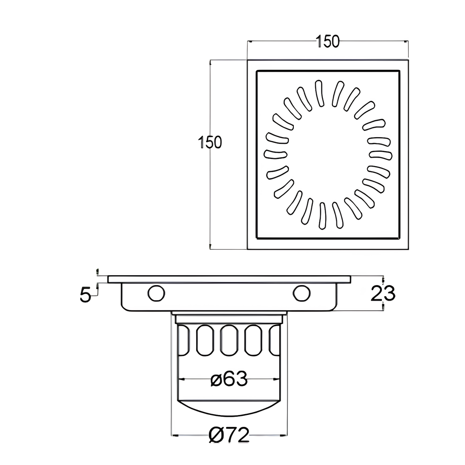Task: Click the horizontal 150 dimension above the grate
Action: click(x=327, y=41)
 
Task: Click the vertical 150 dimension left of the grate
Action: click(x=210, y=142)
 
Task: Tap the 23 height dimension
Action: click(x=383, y=293)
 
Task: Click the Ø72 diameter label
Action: click(x=229, y=435)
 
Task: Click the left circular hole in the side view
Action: click(x=156, y=293)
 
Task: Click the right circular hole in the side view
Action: click(x=302, y=293)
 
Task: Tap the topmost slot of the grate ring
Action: click(x=319, y=93)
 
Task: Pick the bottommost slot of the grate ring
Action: click(x=322, y=216)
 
